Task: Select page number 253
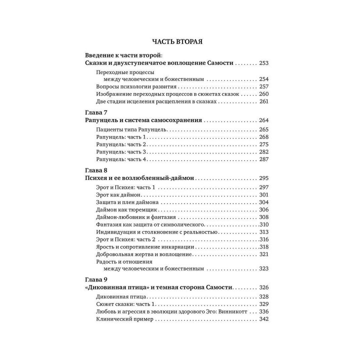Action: point(264,64)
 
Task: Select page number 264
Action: point(264,120)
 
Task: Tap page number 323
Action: point(264,268)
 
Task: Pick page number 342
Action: point(264,319)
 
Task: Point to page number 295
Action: point(264,178)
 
